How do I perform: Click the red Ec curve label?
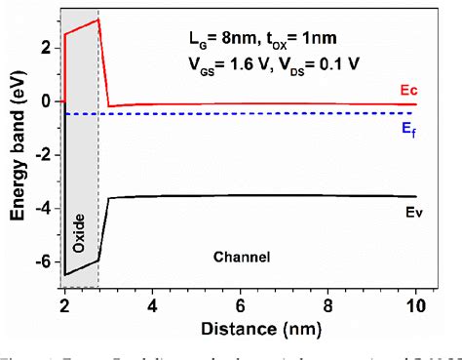click(x=408, y=90)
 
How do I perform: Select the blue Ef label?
click(x=408, y=133)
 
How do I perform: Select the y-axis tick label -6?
click(x=43, y=262)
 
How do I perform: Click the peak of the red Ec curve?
click(x=97, y=20)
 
